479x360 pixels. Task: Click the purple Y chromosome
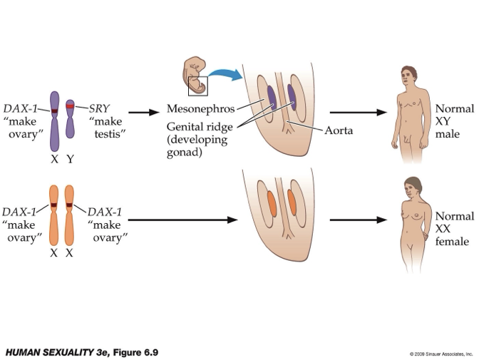(70, 120)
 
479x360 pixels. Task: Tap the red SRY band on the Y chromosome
(70, 106)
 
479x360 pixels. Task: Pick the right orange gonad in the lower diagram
(292, 202)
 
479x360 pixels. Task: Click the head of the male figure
(408, 74)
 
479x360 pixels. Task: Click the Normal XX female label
(454, 229)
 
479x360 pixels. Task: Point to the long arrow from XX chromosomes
(182, 220)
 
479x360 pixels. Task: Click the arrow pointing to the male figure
(357, 112)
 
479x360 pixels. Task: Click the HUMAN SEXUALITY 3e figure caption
(81, 352)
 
